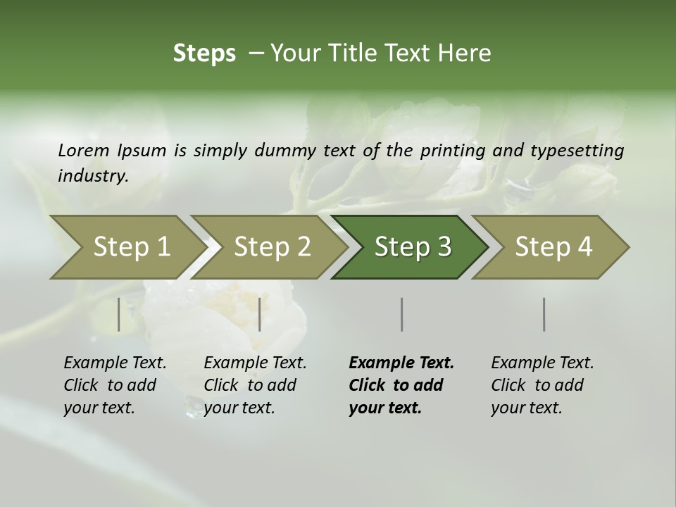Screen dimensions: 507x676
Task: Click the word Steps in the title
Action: click(x=204, y=54)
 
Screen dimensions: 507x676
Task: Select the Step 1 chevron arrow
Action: click(x=127, y=247)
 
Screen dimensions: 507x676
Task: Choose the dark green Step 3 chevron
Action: click(x=411, y=247)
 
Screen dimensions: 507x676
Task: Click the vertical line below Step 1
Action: click(x=119, y=314)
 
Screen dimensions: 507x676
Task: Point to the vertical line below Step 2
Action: click(x=260, y=314)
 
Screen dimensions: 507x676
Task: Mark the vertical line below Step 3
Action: click(x=401, y=314)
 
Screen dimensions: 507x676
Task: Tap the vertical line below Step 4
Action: click(x=544, y=314)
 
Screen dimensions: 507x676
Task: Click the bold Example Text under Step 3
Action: click(x=401, y=385)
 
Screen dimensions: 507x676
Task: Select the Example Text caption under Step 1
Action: click(x=115, y=385)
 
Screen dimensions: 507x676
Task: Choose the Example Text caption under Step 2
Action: click(x=255, y=385)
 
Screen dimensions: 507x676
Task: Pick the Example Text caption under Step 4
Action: click(x=542, y=385)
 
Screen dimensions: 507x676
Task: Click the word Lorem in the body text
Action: click(x=84, y=150)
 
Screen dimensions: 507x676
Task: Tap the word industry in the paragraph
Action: click(x=93, y=176)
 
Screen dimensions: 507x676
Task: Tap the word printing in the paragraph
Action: click(x=453, y=151)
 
